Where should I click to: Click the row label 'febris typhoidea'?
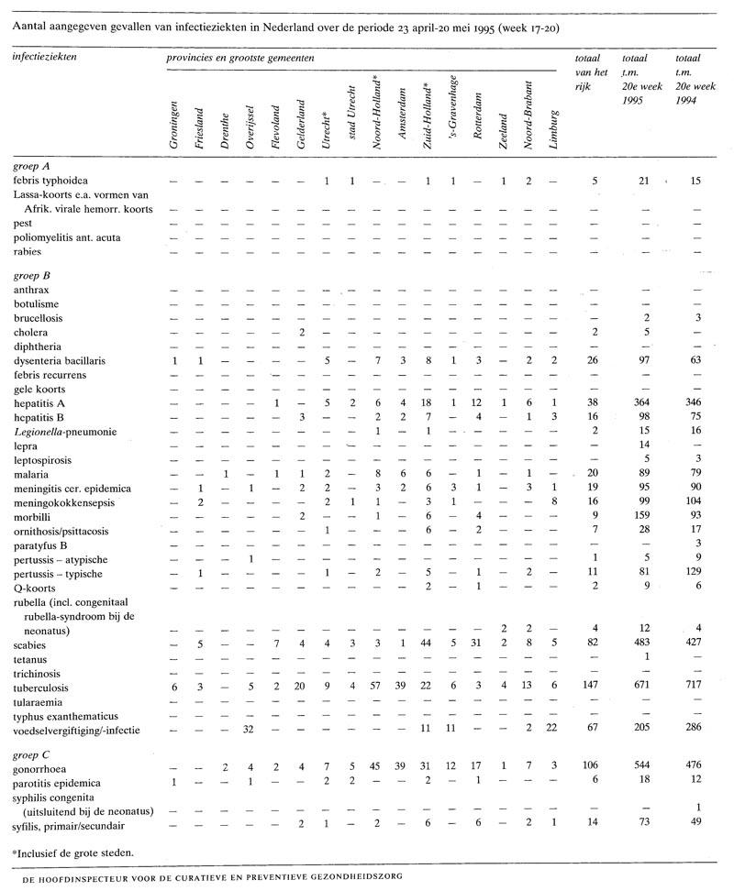coord(51,181)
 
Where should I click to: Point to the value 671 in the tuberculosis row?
coord(630,687)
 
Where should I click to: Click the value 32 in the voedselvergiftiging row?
coord(247,730)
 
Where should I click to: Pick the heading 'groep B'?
coord(32,275)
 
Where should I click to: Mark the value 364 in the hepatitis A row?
coord(630,402)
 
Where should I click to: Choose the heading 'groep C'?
coord(32,754)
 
